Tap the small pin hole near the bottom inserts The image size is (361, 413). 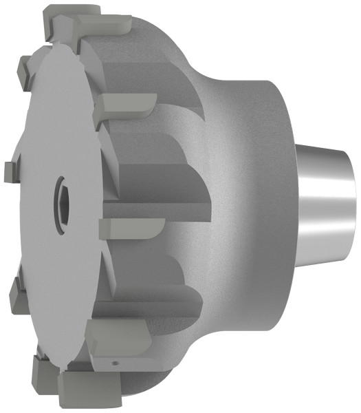(x=113, y=360)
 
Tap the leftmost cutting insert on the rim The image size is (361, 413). (x=8, y=169)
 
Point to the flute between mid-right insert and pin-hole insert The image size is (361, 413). (x=155, y=289)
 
